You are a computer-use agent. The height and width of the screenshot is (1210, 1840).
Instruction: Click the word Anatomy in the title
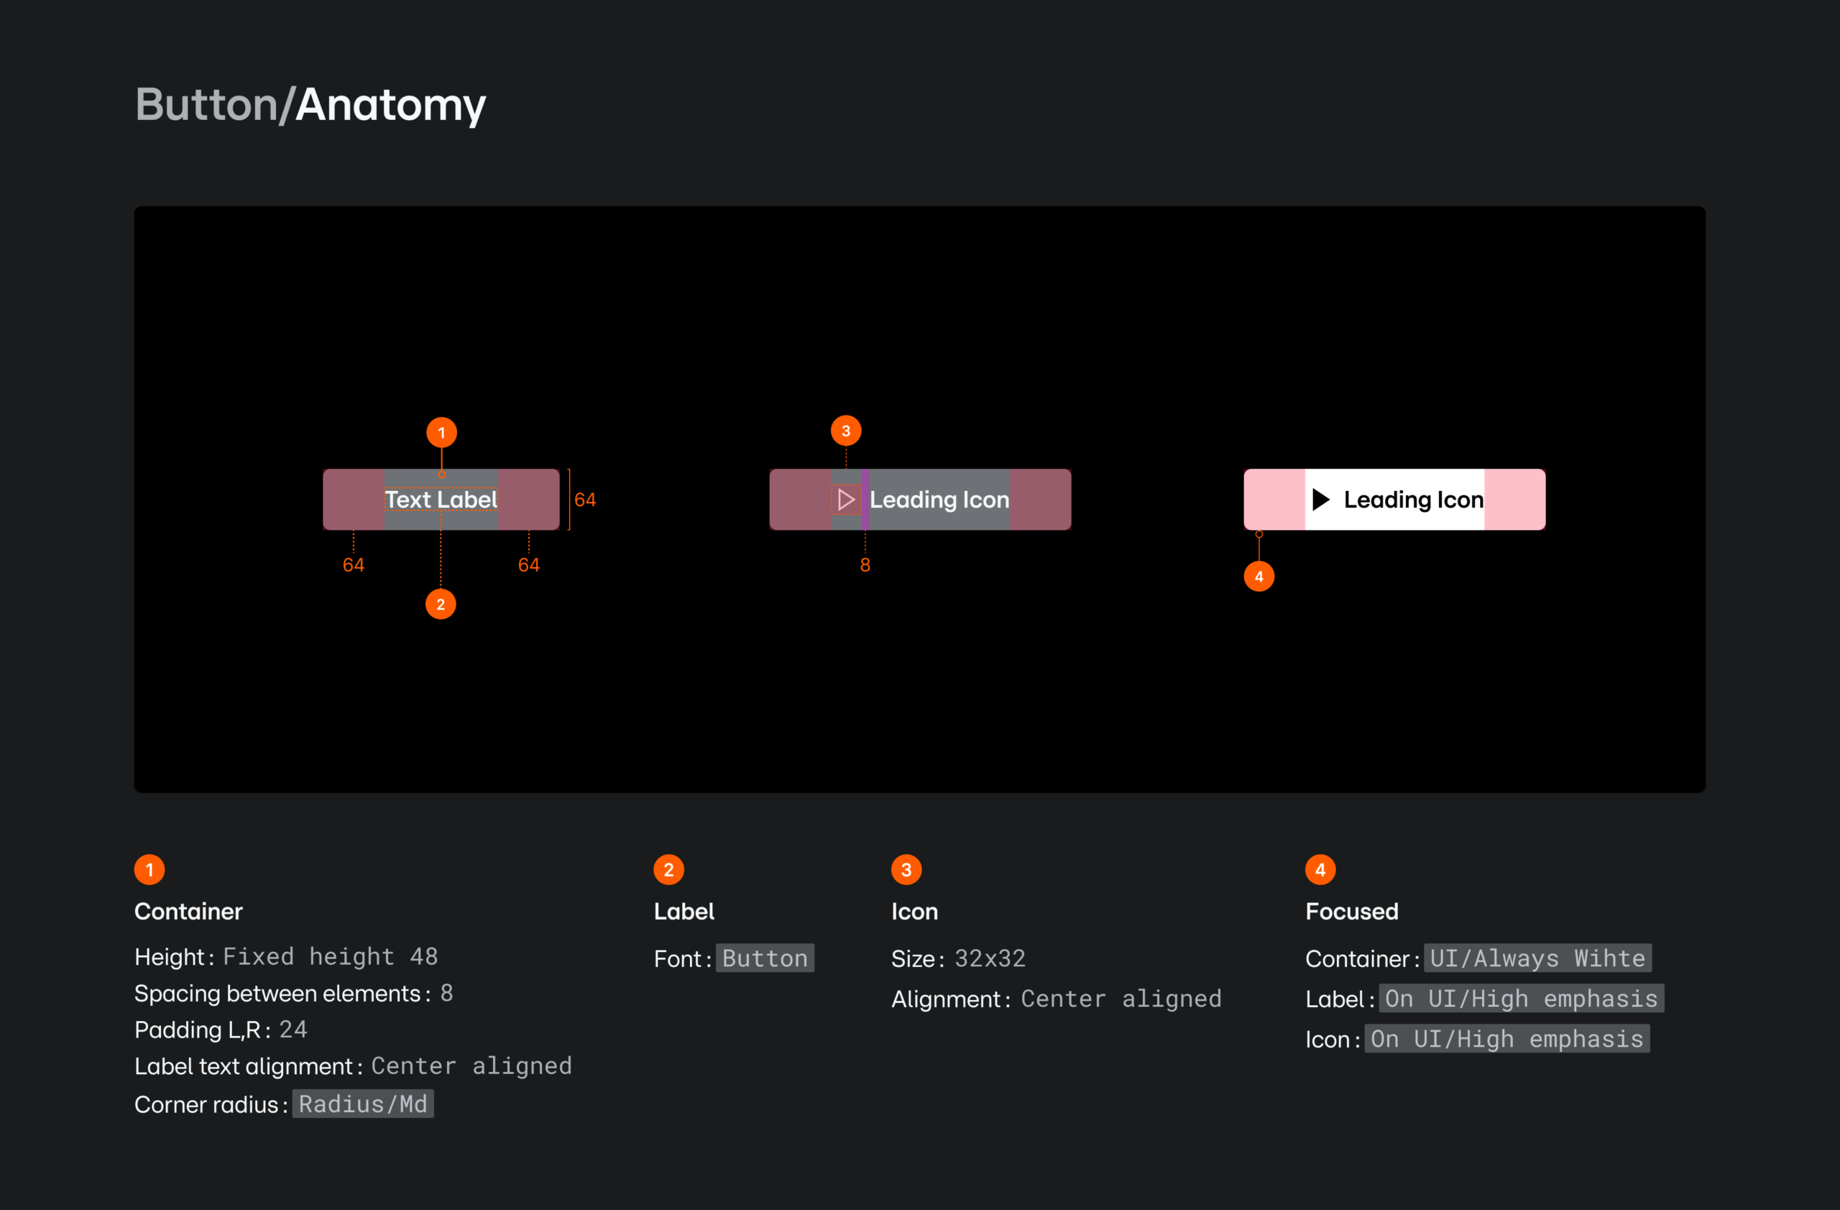(390, 105)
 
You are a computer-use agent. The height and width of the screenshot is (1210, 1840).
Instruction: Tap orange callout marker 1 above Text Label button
(441, 432)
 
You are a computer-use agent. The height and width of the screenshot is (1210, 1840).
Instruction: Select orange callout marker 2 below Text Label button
(441, 604)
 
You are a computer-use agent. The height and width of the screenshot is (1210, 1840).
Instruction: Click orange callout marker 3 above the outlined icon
(846, 431)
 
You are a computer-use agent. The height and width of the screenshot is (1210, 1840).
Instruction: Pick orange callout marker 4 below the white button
(1259, 576)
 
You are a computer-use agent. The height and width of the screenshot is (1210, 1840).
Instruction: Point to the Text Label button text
(441, 500)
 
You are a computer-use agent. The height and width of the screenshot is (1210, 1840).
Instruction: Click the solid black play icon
(1320, 500)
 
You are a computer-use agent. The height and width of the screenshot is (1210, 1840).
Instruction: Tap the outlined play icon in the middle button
(846, 500)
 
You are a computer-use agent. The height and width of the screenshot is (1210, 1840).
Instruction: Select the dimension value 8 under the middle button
(865, 565)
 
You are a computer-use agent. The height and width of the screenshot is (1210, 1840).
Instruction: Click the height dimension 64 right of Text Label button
(585, 500)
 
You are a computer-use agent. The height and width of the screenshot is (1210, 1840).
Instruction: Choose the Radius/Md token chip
(362, 1104)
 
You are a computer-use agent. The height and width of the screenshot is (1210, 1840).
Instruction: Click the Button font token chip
(765, 958)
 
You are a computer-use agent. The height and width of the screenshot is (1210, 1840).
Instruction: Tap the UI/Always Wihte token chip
(1537, 958)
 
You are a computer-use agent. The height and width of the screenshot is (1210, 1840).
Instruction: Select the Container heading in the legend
(188, 911)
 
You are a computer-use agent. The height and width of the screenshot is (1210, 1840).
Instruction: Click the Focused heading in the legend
(1351, 911)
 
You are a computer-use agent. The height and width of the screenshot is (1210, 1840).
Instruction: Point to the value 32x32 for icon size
(990, 958)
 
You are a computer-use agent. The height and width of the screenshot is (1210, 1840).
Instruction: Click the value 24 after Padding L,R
(293, 1030)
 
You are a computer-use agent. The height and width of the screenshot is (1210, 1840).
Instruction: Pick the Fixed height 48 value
(330, 957)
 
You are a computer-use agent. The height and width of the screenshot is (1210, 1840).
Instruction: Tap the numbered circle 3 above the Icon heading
(906, 870)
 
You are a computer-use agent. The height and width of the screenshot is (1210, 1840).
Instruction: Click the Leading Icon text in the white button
(1413, 500)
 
